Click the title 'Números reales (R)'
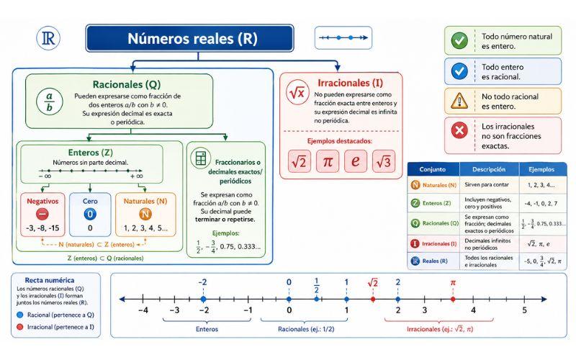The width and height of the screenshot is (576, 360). point(192,39)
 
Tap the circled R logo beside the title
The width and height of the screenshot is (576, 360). point(48,38)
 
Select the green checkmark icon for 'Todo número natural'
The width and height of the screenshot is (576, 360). point(459,41)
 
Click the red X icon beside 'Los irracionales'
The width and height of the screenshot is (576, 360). point(459,130)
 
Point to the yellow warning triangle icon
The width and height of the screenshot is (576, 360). point(459,100)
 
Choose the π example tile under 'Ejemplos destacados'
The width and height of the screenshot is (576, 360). point(328,161)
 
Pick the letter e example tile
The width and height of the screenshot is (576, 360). point(356,161)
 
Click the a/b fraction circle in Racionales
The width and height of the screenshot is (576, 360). point(50,102)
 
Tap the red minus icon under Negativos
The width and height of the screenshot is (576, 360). point(42,214)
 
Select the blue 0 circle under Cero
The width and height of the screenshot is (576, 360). point(90,214)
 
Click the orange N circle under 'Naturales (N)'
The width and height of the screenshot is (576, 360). point(145,214)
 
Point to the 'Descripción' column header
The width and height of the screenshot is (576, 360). point(489,169)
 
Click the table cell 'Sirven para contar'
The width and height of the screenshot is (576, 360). point(487,185)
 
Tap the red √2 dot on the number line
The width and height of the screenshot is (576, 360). point(373,300)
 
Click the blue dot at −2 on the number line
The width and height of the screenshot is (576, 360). point(204,300)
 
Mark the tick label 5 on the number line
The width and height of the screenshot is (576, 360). point(525,310)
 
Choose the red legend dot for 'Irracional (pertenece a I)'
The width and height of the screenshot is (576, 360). point(20,327)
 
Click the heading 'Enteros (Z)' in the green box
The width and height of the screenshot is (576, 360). point(91,153)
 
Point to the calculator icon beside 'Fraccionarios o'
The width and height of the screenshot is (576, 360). point(201,158)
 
